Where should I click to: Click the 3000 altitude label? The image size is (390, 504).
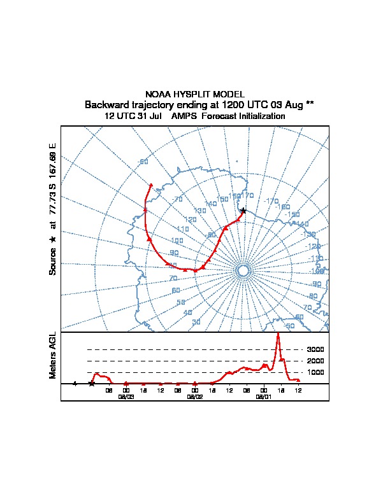tap(315, 349)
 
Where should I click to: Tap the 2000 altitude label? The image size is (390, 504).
tap(315, 361)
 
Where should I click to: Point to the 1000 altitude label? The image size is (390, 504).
tap(315, 372)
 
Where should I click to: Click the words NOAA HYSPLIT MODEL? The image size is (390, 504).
tap(194, 94)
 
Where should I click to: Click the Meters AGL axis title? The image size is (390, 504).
tap(53, 355)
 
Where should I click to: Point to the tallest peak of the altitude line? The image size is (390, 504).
tap(278, 333)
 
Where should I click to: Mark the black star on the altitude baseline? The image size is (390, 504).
tap(92, 383)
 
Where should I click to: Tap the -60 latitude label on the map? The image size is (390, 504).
tap(143, 162)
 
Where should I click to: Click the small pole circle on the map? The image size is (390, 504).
tap(242, 271)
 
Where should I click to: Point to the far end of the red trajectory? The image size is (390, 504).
tap(150, 185)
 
